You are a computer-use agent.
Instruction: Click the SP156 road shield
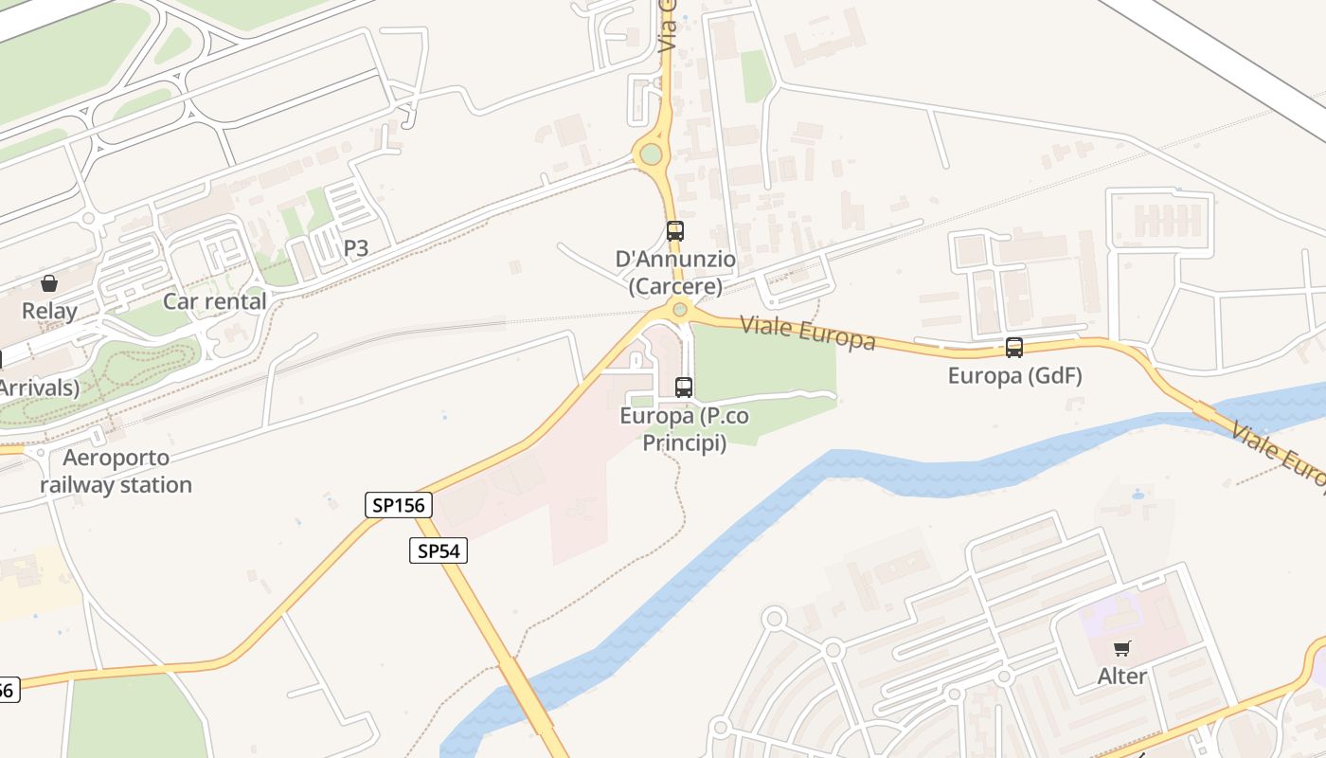[399, 505]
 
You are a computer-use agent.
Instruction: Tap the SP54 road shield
[439, 550]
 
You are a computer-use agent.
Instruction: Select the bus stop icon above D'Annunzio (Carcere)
[674, 230]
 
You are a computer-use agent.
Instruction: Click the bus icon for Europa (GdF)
[1014, 348]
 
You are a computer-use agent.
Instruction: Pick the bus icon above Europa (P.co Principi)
[684, 387]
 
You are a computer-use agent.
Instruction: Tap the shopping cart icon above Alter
[1122, 649]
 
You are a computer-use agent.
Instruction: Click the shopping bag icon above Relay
[49, 283]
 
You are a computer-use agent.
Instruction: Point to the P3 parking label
[355, 248]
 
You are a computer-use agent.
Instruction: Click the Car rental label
[214, 301]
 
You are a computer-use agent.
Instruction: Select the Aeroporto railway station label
[116, 472]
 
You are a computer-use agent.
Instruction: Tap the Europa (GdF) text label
[1014, 376]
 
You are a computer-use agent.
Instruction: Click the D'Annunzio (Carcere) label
[675, 273]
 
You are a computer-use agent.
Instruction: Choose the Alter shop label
[1122, 677]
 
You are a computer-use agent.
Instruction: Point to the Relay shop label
[49, 311]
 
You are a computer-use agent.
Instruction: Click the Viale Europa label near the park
[807, 333]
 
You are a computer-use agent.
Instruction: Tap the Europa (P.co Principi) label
[684, 429]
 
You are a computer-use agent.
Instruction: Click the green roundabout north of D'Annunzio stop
[651, 153]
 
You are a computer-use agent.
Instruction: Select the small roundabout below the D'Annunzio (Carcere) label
[679, 309]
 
